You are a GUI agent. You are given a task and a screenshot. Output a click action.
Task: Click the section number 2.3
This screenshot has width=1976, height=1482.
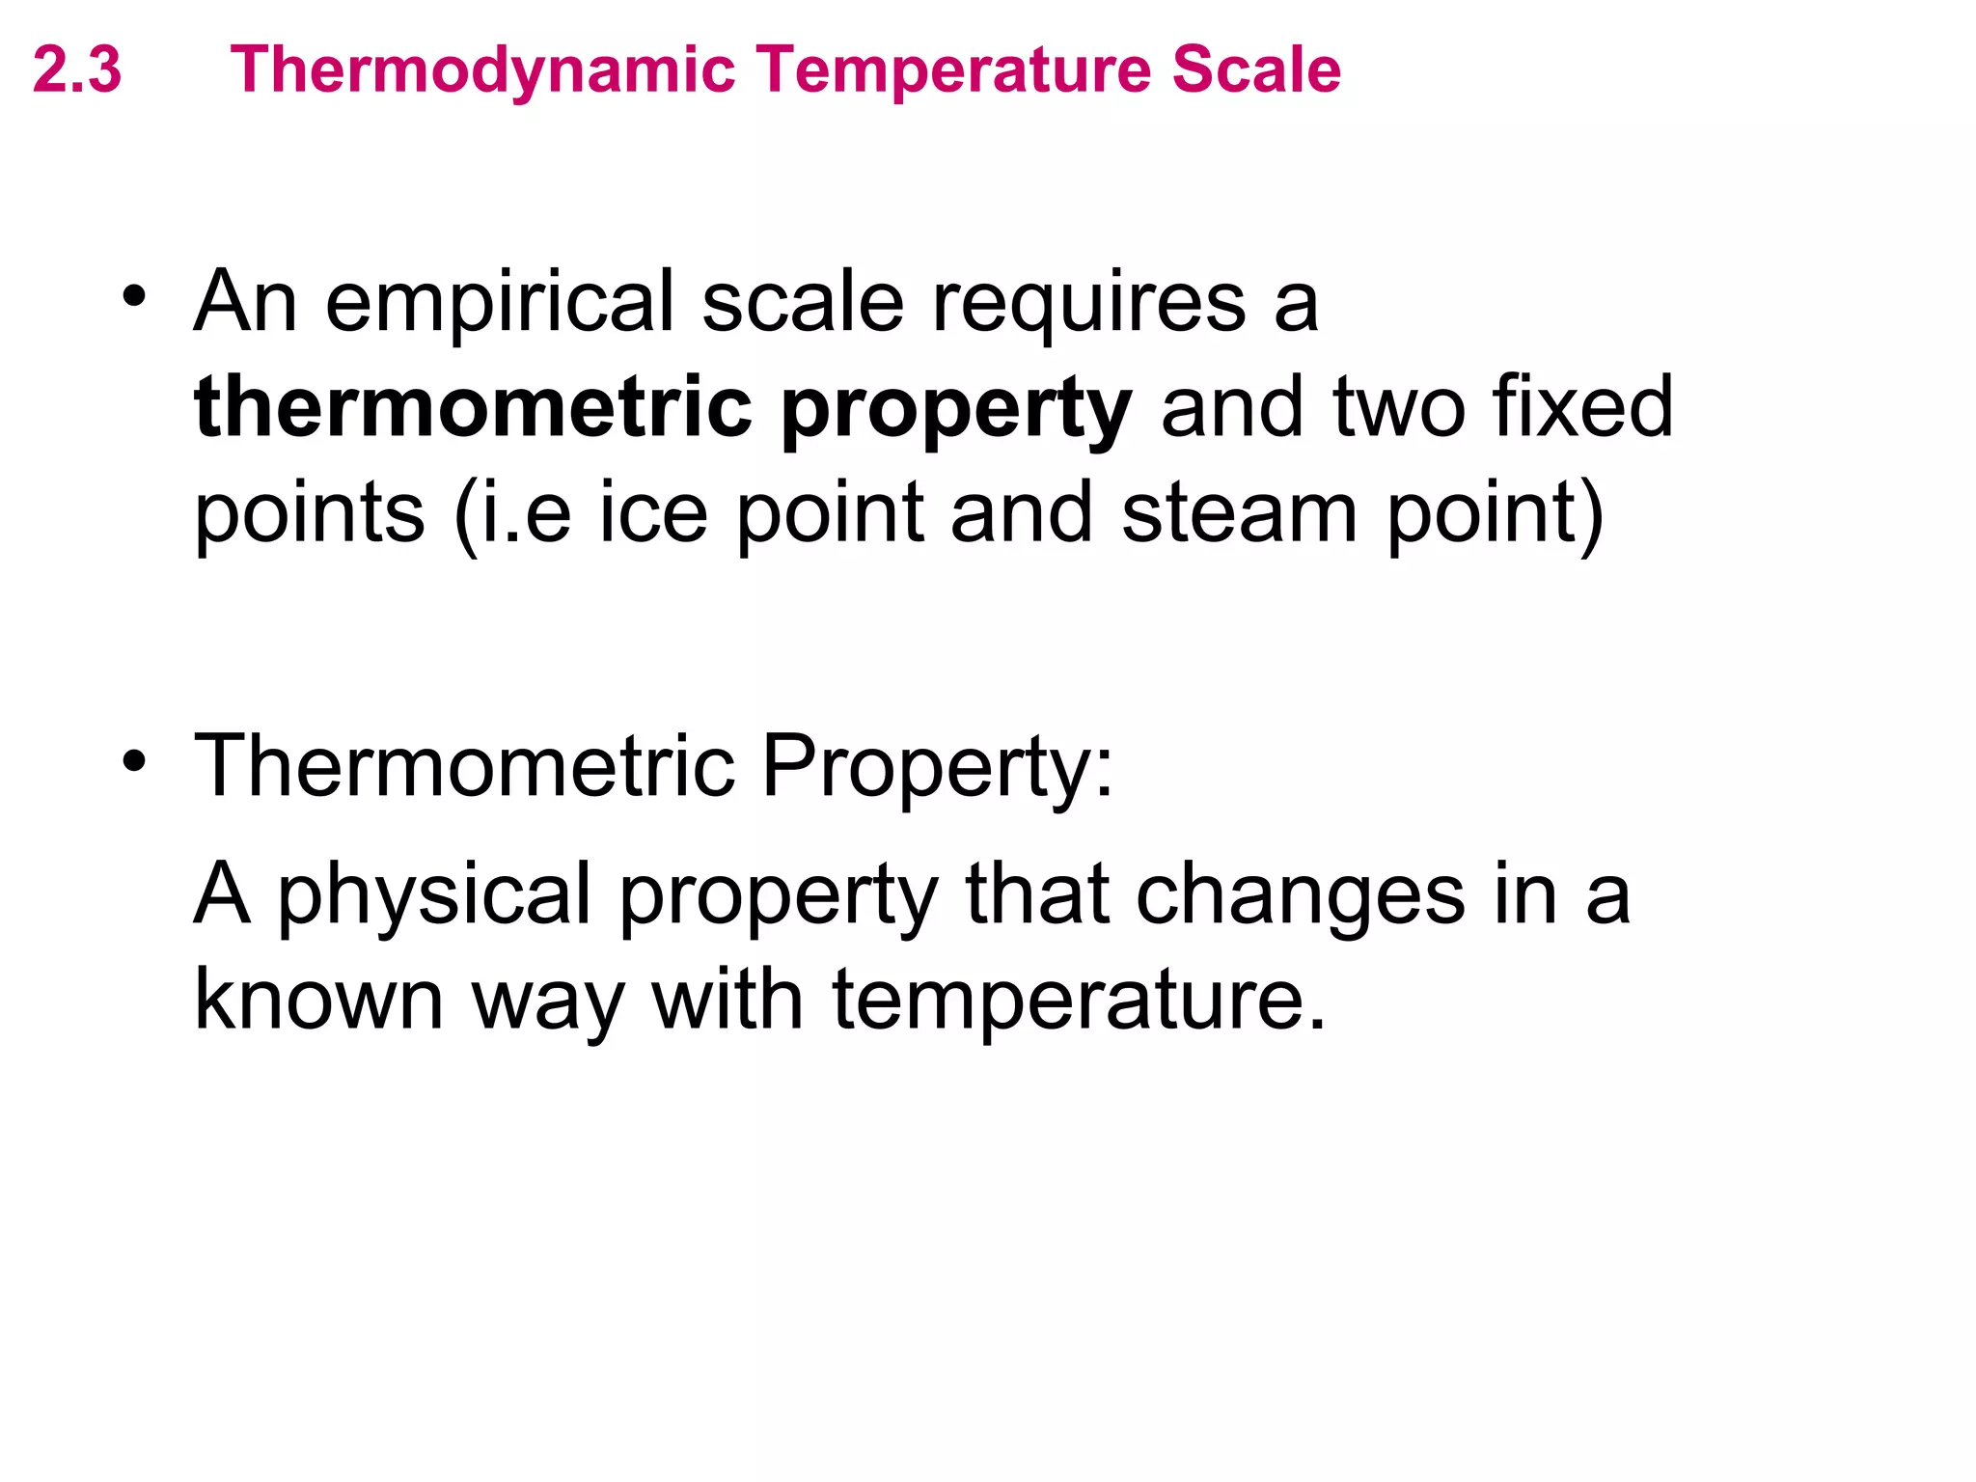[77, 70]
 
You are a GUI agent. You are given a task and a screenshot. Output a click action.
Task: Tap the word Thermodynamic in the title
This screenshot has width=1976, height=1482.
[483, 70]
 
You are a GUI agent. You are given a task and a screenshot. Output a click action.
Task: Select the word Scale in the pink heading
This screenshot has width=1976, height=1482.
[1256, 70]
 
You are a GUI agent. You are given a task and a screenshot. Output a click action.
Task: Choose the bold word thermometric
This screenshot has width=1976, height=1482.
[473, 407]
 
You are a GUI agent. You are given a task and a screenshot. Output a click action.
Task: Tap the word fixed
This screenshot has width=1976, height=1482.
[1582, 407]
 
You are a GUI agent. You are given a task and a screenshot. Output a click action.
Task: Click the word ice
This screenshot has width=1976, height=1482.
[653, 512]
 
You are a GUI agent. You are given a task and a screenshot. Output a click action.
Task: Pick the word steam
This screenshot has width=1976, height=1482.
[1240, 512]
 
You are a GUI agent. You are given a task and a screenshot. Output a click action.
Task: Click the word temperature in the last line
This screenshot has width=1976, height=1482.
[1079, 1000]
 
